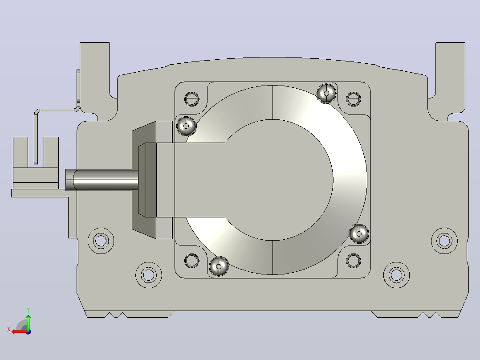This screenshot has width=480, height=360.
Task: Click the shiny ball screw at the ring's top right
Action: click(326, 93)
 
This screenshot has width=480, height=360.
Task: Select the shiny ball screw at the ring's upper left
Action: click(186, 126)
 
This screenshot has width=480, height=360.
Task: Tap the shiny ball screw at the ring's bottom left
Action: click(219, 266)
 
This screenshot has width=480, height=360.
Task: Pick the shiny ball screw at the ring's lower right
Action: click(359, 234)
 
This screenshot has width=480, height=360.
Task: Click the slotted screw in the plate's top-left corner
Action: click(192, 99)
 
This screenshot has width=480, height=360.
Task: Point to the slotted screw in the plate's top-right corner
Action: click(353, 99)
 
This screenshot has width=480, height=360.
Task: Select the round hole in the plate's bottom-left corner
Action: click(192, 261)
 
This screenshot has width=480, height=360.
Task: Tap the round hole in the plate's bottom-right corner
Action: click(353, 261)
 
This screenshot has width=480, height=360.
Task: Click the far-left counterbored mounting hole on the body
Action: click(101, 241)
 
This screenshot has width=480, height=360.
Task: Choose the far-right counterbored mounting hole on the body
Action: click(444, 241)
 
